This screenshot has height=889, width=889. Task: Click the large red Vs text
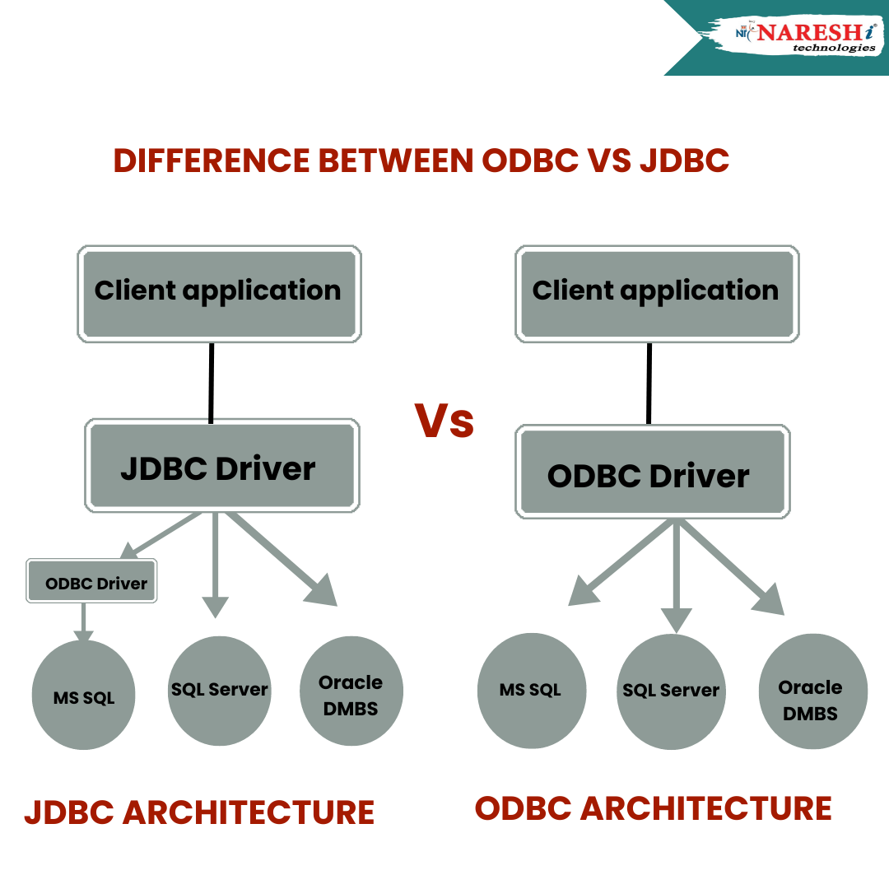(x=444, y=421)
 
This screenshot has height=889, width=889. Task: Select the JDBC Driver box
(x=221, y=466)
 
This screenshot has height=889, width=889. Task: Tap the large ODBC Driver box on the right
(x=653, y=473)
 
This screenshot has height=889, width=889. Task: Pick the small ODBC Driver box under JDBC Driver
(x=91, y=581)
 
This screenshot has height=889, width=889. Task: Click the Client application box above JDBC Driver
(x=219, y=292)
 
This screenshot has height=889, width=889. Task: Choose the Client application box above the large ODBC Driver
(x=656, y=292)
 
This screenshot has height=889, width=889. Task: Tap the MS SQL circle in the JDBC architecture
(x=84, y=696)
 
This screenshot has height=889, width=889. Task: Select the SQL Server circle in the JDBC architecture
(x=220, y=689)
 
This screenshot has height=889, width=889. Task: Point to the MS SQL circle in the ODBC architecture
(x=531, y=689)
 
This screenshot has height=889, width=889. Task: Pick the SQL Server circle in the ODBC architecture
(x=671, y=692)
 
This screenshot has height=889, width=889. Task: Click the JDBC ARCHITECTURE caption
(x=199, y=812)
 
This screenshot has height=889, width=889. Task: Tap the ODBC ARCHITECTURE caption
(x=653, y=808)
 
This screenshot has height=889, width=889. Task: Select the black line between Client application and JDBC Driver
(x=212, y=383)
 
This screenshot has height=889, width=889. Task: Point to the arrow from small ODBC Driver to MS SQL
(x=83, y=621)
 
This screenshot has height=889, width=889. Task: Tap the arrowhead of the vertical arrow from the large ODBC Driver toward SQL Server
(x=677, y=620)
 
